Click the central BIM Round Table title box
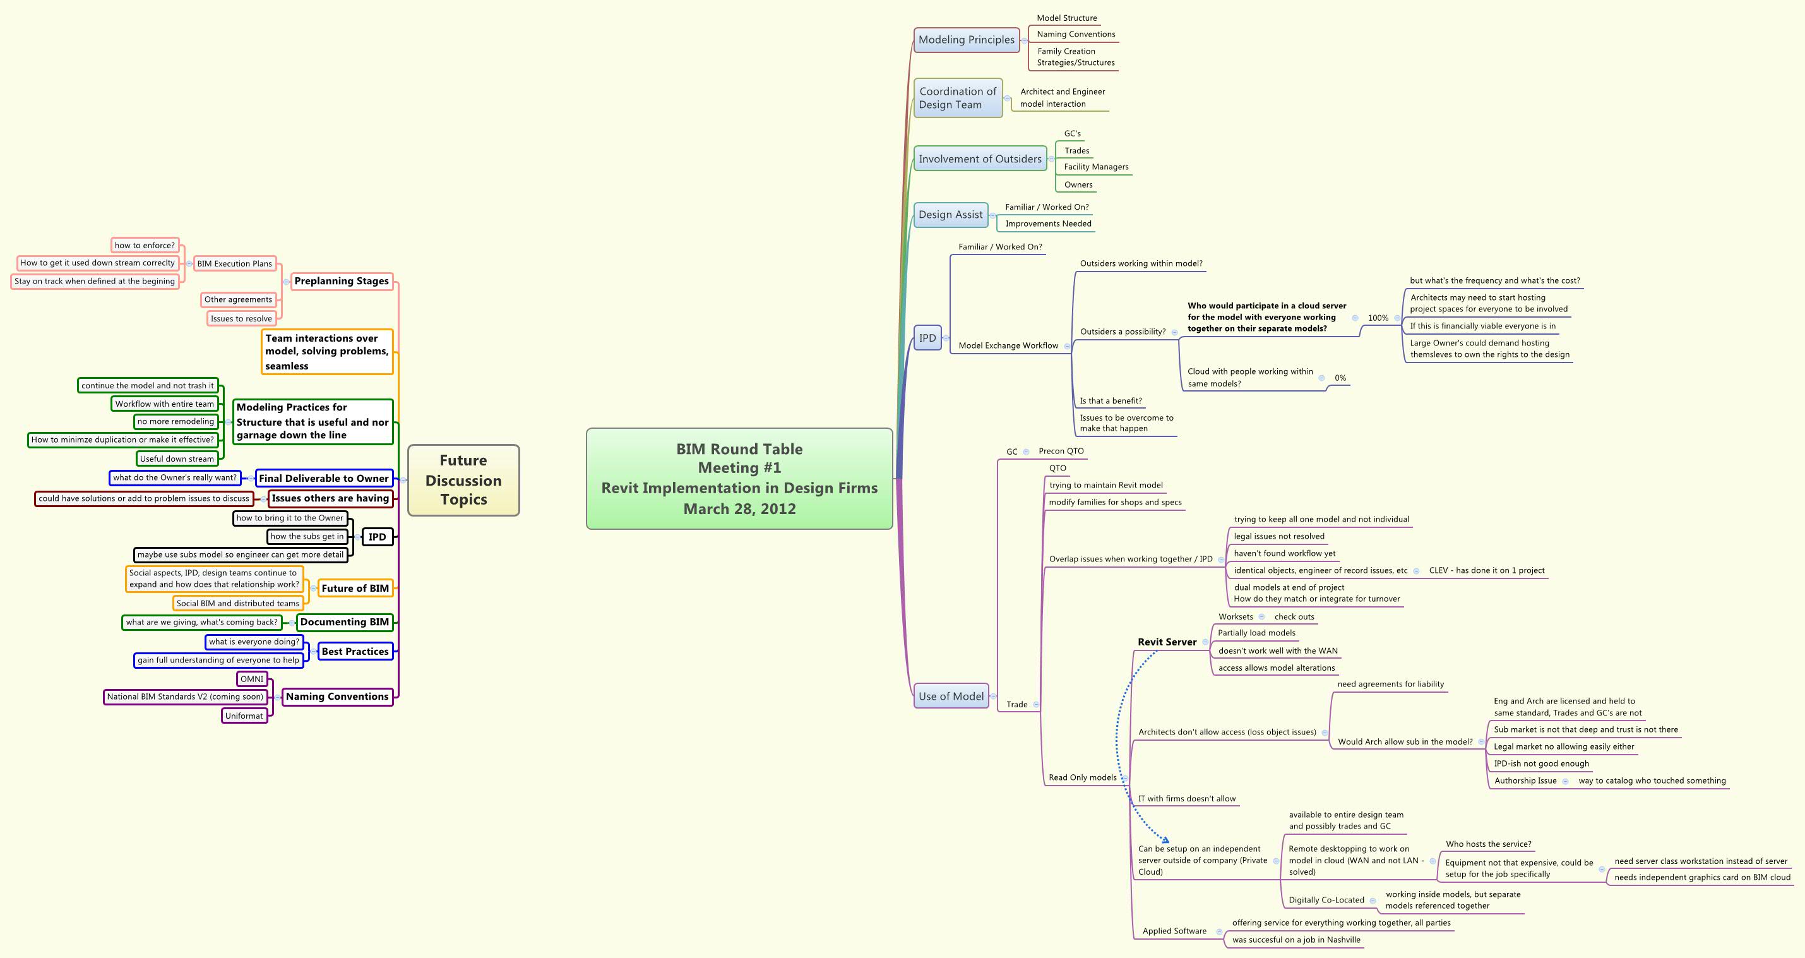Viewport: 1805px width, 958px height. (x=739, y=479)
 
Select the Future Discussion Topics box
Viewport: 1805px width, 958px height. (x=463, y=480)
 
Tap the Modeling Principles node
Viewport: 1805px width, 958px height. (x=966, y=40)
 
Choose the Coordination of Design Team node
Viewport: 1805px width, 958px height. (x=957, y=98)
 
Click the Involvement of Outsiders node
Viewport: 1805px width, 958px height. (x=980, y=159)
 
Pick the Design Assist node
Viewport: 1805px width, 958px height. (x=950, y=215)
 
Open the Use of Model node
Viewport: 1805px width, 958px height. (x=951, y=696)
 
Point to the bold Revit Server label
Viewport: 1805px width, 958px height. (x=1167, y=642)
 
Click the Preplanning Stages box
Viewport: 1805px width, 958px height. (x=342, y=281)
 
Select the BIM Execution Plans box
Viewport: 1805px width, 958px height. (x=234, y=263)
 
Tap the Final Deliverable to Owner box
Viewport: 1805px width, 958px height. (x=323, y=478)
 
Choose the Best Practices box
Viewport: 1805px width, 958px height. (x=355, y=651)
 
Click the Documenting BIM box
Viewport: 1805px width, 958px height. (x=344, y=621)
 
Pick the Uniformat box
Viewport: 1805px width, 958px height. (x=244, y=716)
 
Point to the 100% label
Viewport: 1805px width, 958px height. (x=1378, y=318)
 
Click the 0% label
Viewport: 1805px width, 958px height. (x=1340, y=378)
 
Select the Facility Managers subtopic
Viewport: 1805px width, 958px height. (x=1096, y=167)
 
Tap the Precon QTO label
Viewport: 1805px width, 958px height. (x=1061, y=452)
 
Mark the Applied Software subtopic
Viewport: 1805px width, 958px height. (x=1174, y=931)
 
